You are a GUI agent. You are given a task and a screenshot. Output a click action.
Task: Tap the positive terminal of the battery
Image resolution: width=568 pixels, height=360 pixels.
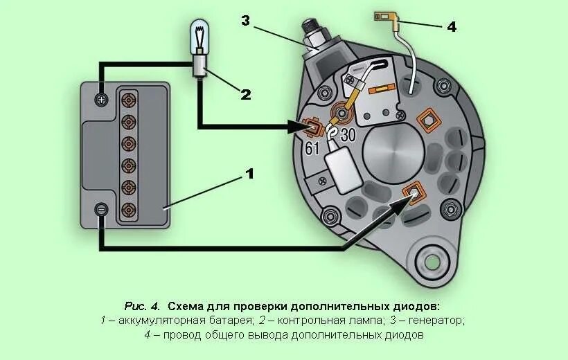point(102,99)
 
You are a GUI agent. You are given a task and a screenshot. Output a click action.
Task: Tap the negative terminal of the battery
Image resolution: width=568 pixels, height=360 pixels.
point(102,208)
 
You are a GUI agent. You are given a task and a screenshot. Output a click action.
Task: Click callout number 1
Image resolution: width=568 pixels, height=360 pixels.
point(249,174)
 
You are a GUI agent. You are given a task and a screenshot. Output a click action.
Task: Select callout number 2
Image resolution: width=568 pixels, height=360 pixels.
point(245,94)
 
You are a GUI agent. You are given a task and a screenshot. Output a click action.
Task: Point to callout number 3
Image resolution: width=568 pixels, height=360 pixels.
point(245,20)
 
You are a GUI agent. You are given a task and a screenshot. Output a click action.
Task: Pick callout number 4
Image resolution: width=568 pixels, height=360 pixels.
point(451,26)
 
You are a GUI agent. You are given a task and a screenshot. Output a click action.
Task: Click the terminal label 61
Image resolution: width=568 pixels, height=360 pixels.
point(312,148)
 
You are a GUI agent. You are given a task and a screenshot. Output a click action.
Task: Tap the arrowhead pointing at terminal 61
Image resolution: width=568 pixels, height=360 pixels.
point(296,127)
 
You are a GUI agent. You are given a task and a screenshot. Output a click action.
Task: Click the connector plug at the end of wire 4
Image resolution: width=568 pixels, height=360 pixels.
point(382,16)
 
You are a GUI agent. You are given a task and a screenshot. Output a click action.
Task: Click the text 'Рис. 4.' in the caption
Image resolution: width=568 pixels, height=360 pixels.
point(143,305)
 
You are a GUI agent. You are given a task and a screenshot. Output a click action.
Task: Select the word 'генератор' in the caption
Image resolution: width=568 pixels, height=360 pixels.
point(436,321)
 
